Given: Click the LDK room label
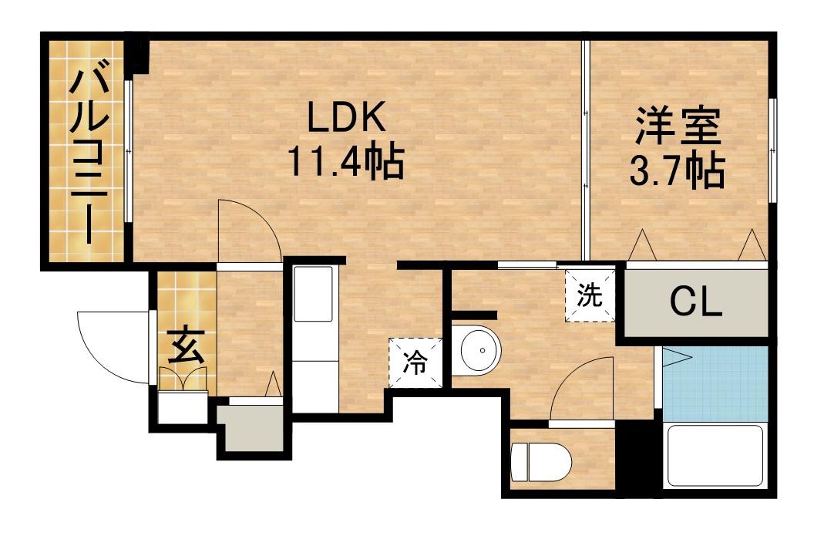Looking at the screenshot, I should pyautogui.click(x=346, y=121).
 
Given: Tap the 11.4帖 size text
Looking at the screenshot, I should pyautogui.click(x=346, y=162).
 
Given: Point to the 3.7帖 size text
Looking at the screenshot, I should pyautogui.click(x=678, y=171).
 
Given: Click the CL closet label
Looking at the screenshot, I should pyautogui.click(x=695, y=302).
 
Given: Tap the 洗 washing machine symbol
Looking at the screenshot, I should pyautogui.click(x=590, y=295).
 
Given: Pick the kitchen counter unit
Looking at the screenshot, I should pyautogui.click(x=313, y=339).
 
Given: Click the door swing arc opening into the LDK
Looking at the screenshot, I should pyautogui.click(x=245, y=230).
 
